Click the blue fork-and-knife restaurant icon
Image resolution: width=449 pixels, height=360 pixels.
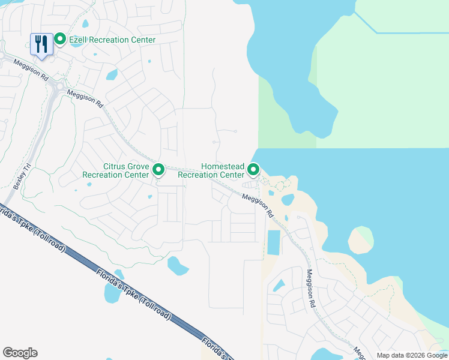pos(41,44)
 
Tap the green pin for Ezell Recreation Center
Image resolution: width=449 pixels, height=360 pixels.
pos(60,40)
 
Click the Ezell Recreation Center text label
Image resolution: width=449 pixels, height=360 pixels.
pos(112,40)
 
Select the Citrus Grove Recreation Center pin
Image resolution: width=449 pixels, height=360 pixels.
pos(158,170)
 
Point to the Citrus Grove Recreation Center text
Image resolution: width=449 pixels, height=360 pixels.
pos(117,170)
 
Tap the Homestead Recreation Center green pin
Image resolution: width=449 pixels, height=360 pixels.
pos(253,170)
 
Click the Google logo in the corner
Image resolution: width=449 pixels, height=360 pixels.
pos(20,353)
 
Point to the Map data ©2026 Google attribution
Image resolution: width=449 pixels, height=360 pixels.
pos(411,355)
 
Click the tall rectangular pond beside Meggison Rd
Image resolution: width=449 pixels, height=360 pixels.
pos(274,242)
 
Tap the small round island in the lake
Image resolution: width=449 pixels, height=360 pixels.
pos(360,239)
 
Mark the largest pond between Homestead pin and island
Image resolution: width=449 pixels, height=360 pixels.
pos(288,199)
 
